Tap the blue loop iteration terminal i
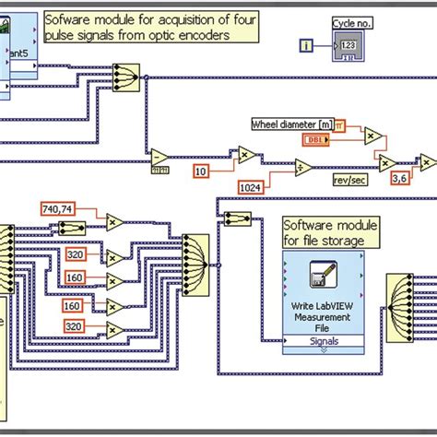(306, 44)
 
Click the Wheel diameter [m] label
(290, 124)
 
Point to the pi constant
(340, 124)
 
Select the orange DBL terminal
(315, 139)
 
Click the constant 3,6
(400, 178)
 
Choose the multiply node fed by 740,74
(115, 221)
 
